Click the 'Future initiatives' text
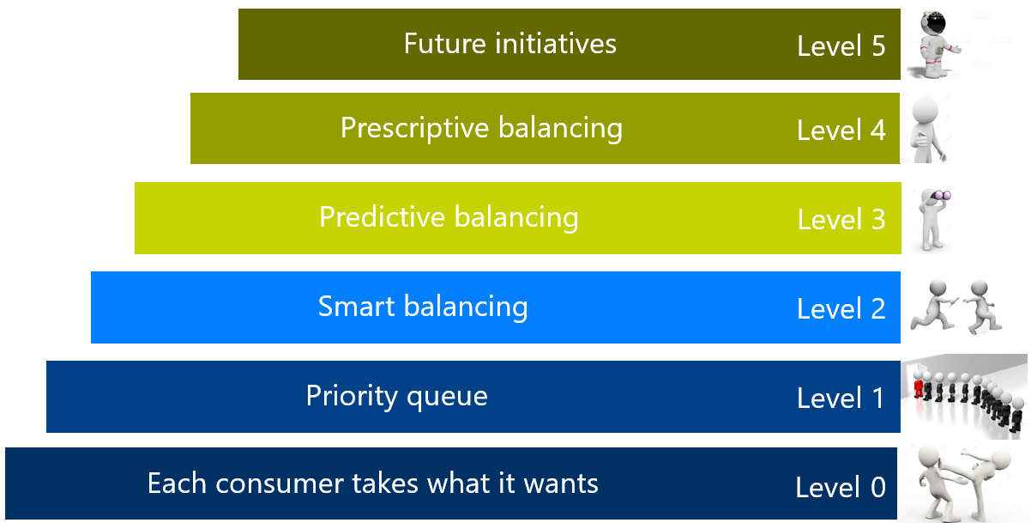tap(510, 44)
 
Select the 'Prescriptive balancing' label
tap(481, 128)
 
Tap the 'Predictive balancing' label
tap(449, 217)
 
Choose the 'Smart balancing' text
tap(423, 307)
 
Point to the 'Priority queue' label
tap(397, 396)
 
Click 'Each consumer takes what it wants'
tap(373, 483)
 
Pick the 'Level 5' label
tap(841, 46)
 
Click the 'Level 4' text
tap(841, 131)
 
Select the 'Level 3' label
tap(841, 219)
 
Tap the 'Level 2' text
tap(841, 308)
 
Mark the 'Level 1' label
tap(841, 398)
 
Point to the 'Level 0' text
tap(841, 488)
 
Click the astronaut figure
tap(935, 45)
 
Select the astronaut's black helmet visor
tap(936, 23)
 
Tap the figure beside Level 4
tap(927, 130)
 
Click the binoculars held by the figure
tap(941, 196)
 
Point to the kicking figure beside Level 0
tap(985, 483)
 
